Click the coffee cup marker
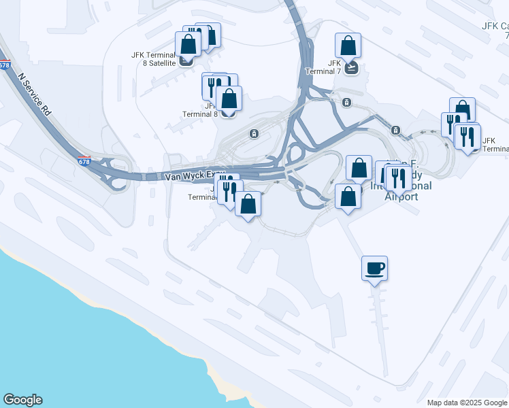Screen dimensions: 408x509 point(374,268)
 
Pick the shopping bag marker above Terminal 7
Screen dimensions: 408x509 point(348,46)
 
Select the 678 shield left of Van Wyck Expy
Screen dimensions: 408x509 point(83,161)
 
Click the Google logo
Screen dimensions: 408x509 point(22,400)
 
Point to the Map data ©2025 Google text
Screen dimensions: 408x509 point(467,403)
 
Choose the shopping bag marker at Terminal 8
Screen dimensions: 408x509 point(230,98)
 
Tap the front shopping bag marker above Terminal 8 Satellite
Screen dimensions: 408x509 point(188,44)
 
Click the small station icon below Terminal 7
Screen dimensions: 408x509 point(347,103)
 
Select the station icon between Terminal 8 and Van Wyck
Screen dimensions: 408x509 point(254,133)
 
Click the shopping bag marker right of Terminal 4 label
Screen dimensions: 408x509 point(248,203)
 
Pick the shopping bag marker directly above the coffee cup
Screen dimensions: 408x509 point(348,197)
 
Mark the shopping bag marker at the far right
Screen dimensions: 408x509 point(462,109)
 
